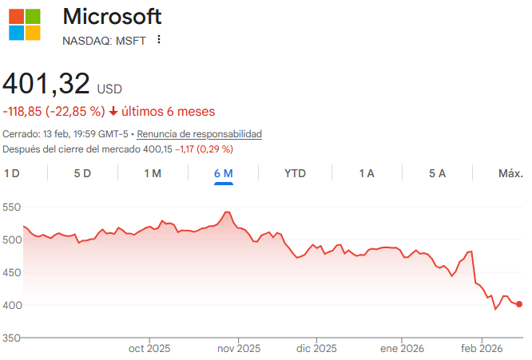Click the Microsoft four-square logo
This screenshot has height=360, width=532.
tap(25, 24)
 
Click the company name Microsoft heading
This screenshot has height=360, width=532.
tap(112, 16)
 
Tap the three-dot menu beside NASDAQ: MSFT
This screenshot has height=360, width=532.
tap(159, 40)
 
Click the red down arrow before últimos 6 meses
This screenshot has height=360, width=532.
tap(113, 111)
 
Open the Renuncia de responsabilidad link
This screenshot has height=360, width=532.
tap(200, 133)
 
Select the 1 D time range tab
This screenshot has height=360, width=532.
tap(12, 173)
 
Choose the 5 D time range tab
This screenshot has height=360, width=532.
tap(82, 173)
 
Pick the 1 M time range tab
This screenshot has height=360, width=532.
tap(153, 173)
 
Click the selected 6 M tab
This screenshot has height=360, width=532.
tap(223, 173)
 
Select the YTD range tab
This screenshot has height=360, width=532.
tap(295, 173)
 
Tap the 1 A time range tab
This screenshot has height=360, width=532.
tap(367, 173)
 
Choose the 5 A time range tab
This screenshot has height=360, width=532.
tap(437, 173)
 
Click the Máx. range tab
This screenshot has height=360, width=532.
tap(510, 173)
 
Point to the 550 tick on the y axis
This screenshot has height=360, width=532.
tap(11, 207)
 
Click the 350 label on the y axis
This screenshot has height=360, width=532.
tap(11, 338)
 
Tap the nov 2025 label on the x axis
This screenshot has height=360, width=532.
tap(239, 348)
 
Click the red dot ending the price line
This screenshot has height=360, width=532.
tap(519, 304)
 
